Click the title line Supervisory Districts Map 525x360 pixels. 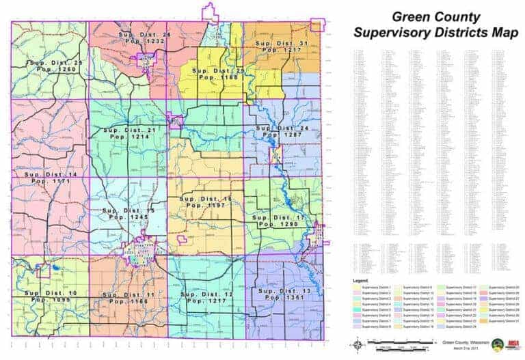click(435, 32)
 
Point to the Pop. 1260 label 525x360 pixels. click(50, 69)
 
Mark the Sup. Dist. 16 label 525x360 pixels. click(206, 198)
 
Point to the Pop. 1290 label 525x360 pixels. click(275, 224)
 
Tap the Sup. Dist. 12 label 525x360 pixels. click(205, 294)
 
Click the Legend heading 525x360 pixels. click(362, 281)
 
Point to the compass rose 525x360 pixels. click(359, 345)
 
